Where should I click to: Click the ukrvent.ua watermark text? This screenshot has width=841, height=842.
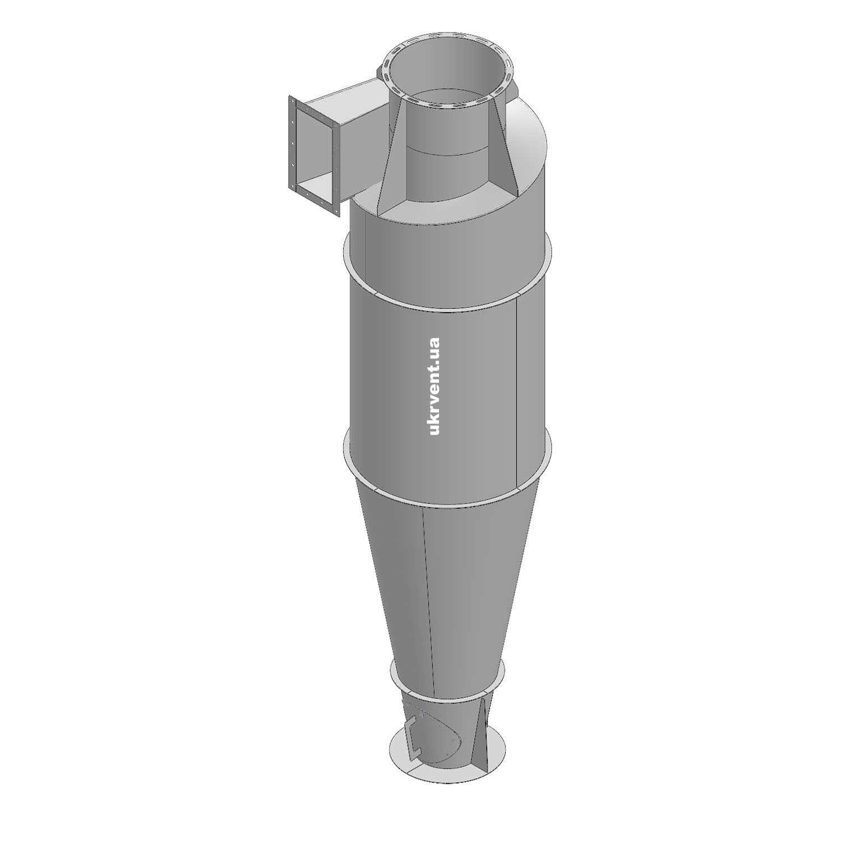[x=433, y=386]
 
